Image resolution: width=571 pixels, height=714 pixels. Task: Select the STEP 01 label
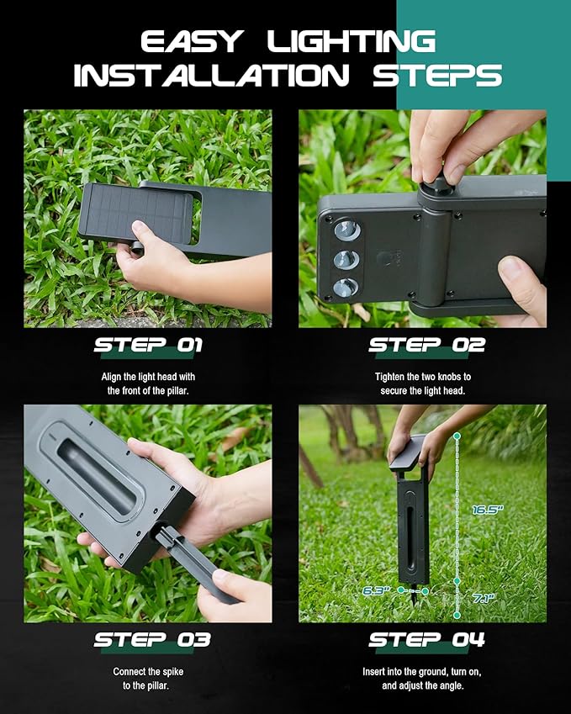[x=148, y=345]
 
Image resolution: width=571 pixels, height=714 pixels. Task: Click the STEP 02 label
[x=426, y=345]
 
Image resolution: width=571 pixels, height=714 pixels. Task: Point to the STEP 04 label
[x=426, y=640]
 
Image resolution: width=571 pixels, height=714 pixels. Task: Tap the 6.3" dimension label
[x=375, y=590]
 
